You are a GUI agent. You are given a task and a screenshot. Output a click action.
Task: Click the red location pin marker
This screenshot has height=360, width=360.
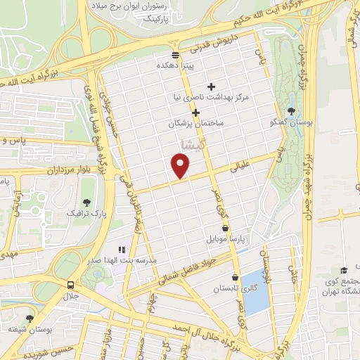click(x=181, y=165)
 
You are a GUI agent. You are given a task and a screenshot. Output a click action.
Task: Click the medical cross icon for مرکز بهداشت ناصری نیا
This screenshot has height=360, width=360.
click(x=211, y=86)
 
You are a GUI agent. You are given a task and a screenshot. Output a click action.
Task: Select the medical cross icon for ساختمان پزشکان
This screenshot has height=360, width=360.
click(x=195, y=112)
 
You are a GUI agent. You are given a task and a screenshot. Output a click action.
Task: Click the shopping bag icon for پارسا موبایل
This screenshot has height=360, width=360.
click(x=225, y=228)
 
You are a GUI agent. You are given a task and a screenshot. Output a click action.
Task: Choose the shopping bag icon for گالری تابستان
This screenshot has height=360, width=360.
click(x=236, y=277)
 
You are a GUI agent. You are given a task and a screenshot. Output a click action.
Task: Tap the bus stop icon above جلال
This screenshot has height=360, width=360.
click(x=70, y=285)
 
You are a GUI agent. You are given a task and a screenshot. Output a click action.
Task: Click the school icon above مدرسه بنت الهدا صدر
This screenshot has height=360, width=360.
click(x=121, y=249)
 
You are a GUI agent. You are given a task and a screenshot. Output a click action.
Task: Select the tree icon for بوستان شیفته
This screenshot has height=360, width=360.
click(x=29, y=318)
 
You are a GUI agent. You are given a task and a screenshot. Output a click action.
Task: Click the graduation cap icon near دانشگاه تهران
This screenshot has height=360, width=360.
click(x=343, y=271)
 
